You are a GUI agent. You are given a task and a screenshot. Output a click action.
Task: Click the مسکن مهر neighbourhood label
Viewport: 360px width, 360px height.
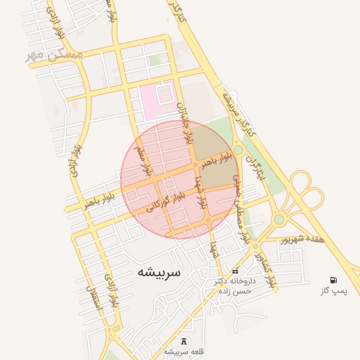pyautogui.click(x=55, y=55)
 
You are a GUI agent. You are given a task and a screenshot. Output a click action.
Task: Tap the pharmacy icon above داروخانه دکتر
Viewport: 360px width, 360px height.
pyautogui.click(x=235, y=271)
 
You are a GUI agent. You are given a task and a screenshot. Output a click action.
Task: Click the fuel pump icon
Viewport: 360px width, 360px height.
pyautogui.click(x=333, y=280)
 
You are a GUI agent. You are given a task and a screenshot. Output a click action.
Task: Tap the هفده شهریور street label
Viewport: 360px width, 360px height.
pyautogui.click(x=302, y=239)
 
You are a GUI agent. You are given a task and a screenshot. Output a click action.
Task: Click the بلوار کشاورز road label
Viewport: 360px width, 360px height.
pyautogui.click(x=266, y=269)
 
